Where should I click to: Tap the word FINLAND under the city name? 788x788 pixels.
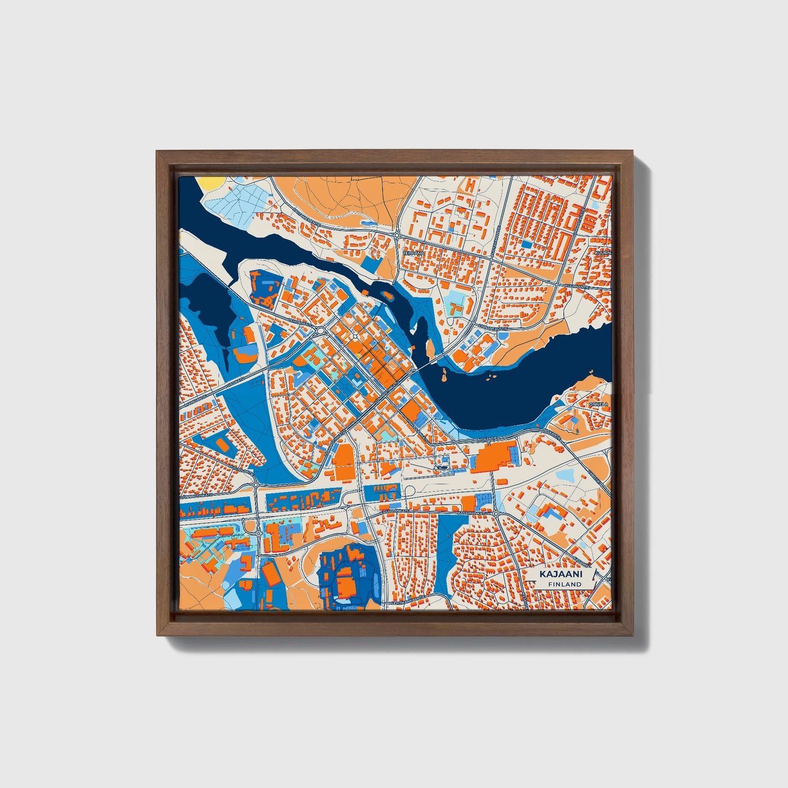coord(565,584)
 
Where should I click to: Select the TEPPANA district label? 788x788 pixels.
coord(413,254)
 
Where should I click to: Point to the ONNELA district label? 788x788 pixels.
coord(598,405)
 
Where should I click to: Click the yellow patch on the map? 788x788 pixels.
coord(211,183)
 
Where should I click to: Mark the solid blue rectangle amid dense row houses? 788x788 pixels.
coord(527,244)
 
